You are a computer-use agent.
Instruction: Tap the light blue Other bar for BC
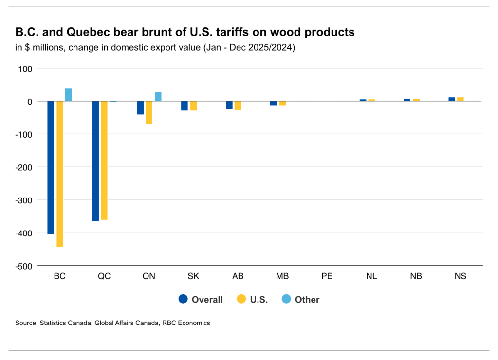tap(69, 95)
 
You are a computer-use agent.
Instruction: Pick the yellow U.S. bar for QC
tap(104, 161)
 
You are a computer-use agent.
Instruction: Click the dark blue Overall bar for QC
tap(95, 161)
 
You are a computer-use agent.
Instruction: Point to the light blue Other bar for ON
tap(158, 96)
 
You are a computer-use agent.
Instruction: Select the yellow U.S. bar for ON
tap(149, 112)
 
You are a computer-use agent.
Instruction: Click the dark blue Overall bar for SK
tap(184, 106)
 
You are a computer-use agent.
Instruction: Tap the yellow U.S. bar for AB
tap(238, 106)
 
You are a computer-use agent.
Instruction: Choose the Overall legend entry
tap(201, 300)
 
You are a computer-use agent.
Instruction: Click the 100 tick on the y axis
tap(25, 69)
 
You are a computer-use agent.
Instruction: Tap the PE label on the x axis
tap(327, 276)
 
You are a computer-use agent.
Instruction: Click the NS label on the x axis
tap(461, 276)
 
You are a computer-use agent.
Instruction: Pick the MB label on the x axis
tap(282, 276)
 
